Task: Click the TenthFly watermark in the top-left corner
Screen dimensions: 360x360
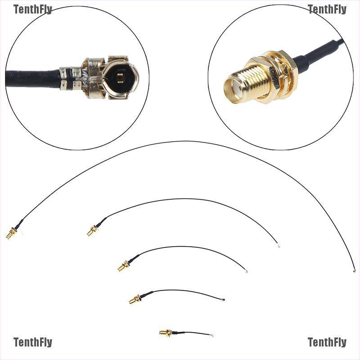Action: pyautogui.click(x=32, y=9)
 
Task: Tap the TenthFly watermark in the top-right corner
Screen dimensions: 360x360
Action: pyautogui.click(x=327, y=9)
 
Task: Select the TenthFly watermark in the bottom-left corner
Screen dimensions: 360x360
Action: pyautogui.click(x=32, y=342)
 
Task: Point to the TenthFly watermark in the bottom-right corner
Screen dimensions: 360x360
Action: pyautogui.click(x=327, y=342)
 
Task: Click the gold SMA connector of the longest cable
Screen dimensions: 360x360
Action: pyautogui.click(x=11, y=233)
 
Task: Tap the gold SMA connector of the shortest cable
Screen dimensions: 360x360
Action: pyautogui.click(x=165, y=333)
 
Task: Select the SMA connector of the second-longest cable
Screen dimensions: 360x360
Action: pyautogui.click(x=92, y=231)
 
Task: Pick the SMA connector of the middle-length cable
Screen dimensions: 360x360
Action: pyautogui.click(x=123, y=265)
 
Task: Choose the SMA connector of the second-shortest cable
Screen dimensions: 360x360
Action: pyautogui.click(x=135, y=299)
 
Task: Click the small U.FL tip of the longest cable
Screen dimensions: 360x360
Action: pyautogui.click(x=354, y=271)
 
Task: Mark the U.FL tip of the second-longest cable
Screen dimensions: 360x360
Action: pyautogui.click(x=279, y=246)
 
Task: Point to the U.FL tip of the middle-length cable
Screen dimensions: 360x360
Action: pyautogui.click(x=246, y=271)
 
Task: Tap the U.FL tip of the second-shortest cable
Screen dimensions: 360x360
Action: pyautogui.click(x=223, y=299)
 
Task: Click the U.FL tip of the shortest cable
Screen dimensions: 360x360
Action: pyautogui.click(x=212, y=336)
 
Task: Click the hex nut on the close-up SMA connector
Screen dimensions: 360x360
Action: pyautogui.click(x=277, y=79)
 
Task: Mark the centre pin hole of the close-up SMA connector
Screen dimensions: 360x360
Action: pyautogui.click(x=235, y=85)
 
